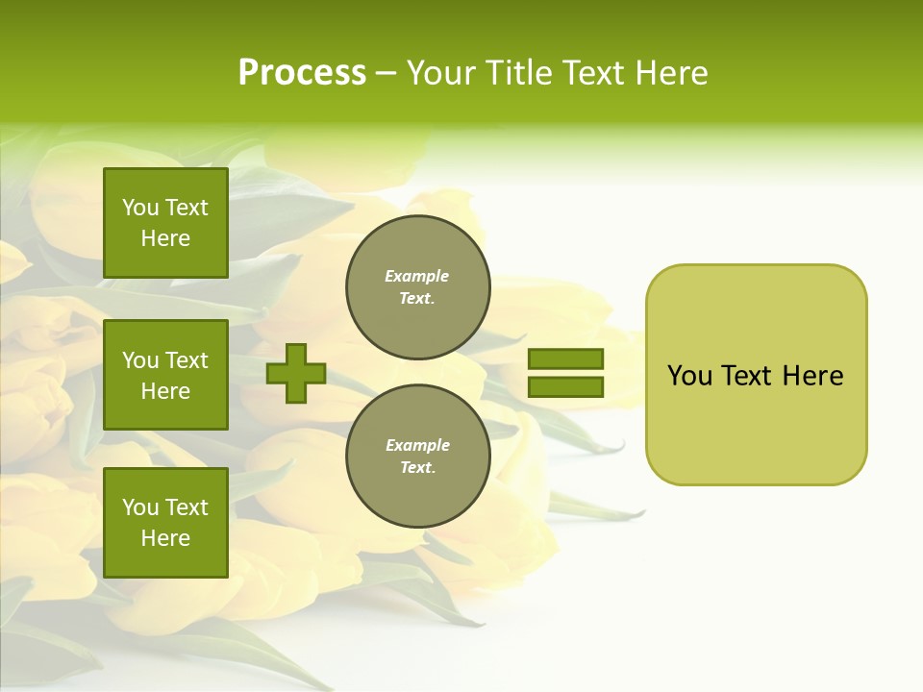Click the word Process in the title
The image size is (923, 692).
pyautogui.click(x=302, y=73)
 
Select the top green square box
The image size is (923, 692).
pyautogui.click(x=165, y=223)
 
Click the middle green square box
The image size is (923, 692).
pyautogui.click(x=165, y=375)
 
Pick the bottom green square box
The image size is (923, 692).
pyautogui.click(x=165, y=523)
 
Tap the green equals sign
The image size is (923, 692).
pyautogui.click(x=565, y=373)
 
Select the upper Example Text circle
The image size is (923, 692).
pyautogui.click(x=417, y=287)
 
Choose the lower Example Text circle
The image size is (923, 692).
pyautogui.click(x=417, y=457)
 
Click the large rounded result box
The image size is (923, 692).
pyautogui.click(x=756, y=375)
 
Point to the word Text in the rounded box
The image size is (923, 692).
pyautogui.click(x=750, y=376)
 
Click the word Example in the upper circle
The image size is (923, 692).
pyautogui.click(x=416, y=276)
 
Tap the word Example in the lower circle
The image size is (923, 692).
pyautogui.click(x=416, y=445)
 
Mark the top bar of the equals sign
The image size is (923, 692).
pyautogui.click(x=565, y=359)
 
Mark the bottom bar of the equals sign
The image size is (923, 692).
pyautogui.click(x=565, y=387)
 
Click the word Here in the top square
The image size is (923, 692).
pyautogui.click(x=165, y=238)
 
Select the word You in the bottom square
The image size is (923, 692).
pyautogui.click(x=140, y=507)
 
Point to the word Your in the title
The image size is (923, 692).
pyautogui.click(x=438, y=73)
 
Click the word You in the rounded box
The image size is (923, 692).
pyautogui.click(x=689, y=376)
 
